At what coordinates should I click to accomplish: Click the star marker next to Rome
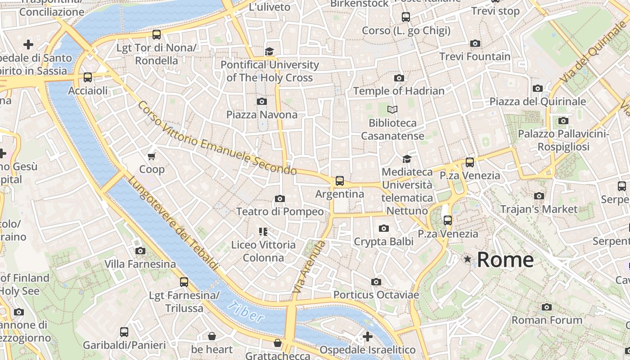click(x=468, y=259)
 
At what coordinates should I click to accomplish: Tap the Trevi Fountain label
click(x=475, y=57)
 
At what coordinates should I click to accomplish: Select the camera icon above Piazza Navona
click(x=261, y=102)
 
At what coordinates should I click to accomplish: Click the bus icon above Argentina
click(x=340, y=181)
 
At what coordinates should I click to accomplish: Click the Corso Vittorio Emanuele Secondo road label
click(x=217, y=139)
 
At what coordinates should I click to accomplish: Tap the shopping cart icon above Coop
click(x=152, y=156)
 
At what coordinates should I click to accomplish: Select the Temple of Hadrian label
click(x=399, y=91)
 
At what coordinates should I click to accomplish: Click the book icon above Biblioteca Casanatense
click(x=392, y=109)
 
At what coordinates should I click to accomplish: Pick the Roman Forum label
click(x=547, y=320)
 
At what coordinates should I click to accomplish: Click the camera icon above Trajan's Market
click(x=539, y=196)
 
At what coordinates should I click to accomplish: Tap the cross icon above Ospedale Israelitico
click(x=368, y=336)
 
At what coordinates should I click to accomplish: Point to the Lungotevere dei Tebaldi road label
click(x=173, y=224)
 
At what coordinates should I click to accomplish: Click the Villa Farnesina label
click(x=140, y=264)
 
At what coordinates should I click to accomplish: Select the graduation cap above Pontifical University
click(x=269, y=51)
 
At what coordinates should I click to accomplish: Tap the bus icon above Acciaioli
click(x=88, y=77)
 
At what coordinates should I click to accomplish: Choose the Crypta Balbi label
click(x=383, y=242)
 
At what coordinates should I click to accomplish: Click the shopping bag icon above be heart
click(x=211, y=336)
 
